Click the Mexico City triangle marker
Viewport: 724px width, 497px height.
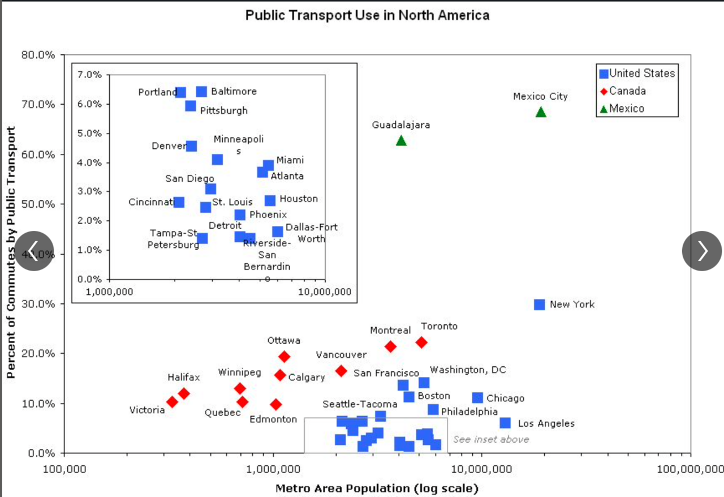point(541,112)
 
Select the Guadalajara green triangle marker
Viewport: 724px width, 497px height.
point(401,140)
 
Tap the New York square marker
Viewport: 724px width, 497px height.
point(540,305)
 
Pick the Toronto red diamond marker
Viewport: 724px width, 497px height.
point(421,342)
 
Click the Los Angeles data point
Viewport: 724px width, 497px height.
point(505,423)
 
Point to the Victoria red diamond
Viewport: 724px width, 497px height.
point(173,402)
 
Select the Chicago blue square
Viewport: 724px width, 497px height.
point(477,398)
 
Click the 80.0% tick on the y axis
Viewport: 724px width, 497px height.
point(38,55)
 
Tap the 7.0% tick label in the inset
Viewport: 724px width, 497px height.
point(90,75)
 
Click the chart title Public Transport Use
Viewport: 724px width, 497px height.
point(367,15)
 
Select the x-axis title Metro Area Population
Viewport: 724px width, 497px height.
point(377,488)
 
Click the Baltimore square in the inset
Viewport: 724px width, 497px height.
point(201,92)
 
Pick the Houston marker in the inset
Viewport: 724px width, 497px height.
point(270,200)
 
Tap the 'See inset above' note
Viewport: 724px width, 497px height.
point(491,439)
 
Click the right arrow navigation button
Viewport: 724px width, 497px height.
point(702,251)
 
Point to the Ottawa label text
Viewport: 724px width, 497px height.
point(284,341)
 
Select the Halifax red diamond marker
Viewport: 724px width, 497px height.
point(184,393)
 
